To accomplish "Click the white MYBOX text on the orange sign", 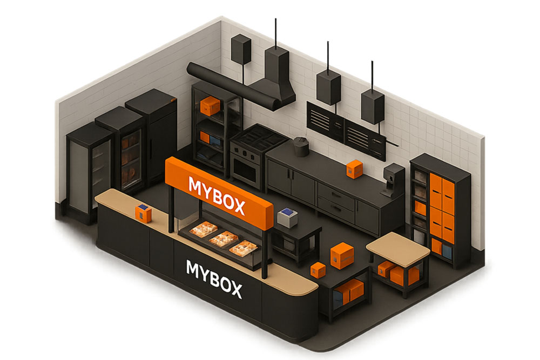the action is point(217,195).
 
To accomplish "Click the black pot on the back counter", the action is point(301,147).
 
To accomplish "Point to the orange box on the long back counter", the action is point(354,168).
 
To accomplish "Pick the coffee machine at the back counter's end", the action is point(393,180).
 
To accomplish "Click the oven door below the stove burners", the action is point(245,168).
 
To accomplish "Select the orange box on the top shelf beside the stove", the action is point(210,106).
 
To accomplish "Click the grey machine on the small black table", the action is point(287,218).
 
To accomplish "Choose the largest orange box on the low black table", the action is point(342,255).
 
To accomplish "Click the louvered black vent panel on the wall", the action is point(346,131).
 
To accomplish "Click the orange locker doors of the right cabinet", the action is point(443,208).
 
